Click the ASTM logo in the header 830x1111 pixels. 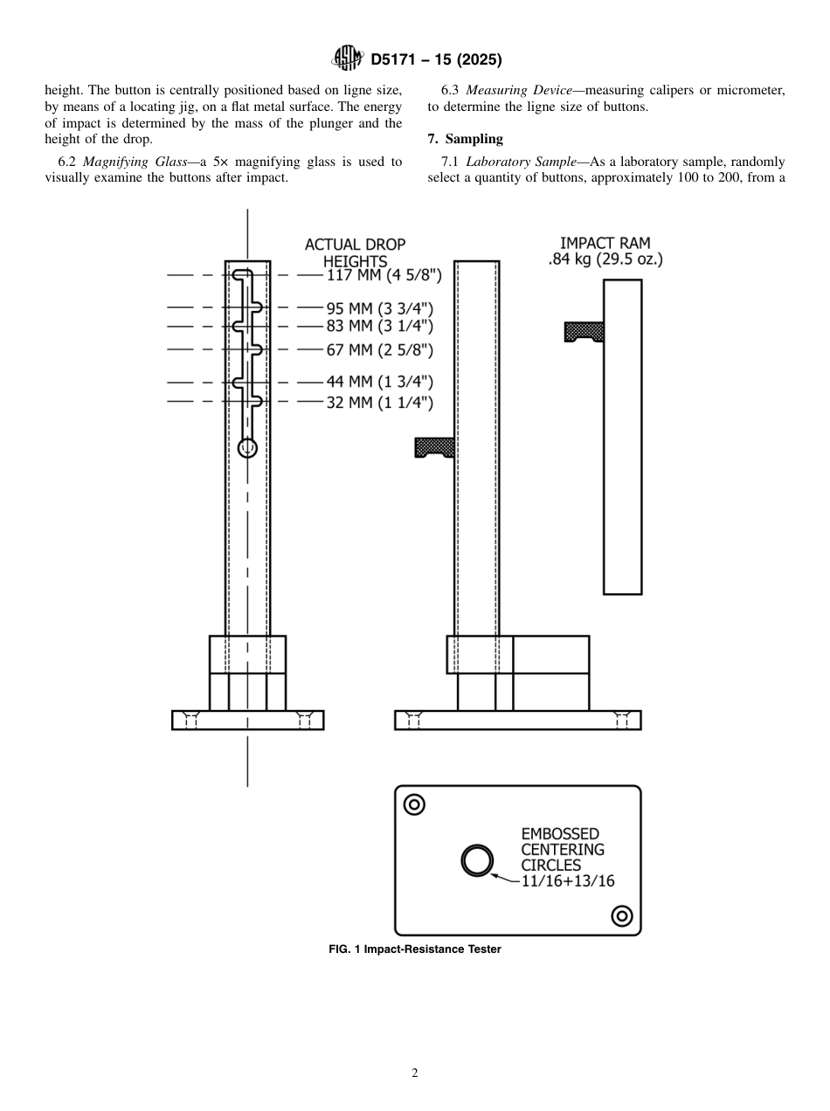click(348, 59)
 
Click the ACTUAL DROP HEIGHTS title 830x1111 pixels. click(355, 253)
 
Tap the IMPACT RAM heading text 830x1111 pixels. click(605, 243)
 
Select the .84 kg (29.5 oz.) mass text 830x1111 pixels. click(605, 260)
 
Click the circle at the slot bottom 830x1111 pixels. click(248, 447)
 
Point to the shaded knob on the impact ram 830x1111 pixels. click(584, 331)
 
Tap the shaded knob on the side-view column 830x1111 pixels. click(433, 447)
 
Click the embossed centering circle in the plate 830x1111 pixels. click(477, 860)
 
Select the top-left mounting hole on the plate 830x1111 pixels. click(414, 804)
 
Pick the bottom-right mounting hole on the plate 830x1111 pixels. click(622, 915)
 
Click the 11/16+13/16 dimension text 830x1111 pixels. click(568, 880)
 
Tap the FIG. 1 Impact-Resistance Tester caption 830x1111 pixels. click(415, 949)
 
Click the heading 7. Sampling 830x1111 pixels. click(465, 139)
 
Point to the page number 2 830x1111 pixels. click(415, 1073)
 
